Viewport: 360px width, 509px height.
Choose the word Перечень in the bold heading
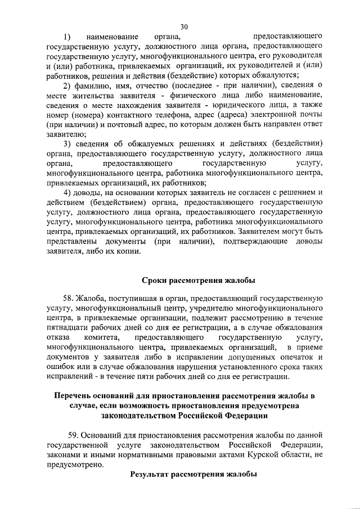[x=74, y=395]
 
